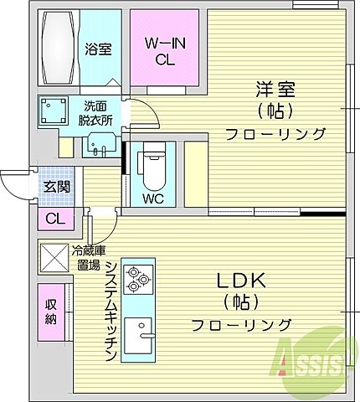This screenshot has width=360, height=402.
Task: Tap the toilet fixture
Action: click(x=152, y=167)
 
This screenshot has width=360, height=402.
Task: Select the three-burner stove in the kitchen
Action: click(x=136, y=279)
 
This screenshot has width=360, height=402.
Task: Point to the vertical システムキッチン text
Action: click(x=110, y=311)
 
